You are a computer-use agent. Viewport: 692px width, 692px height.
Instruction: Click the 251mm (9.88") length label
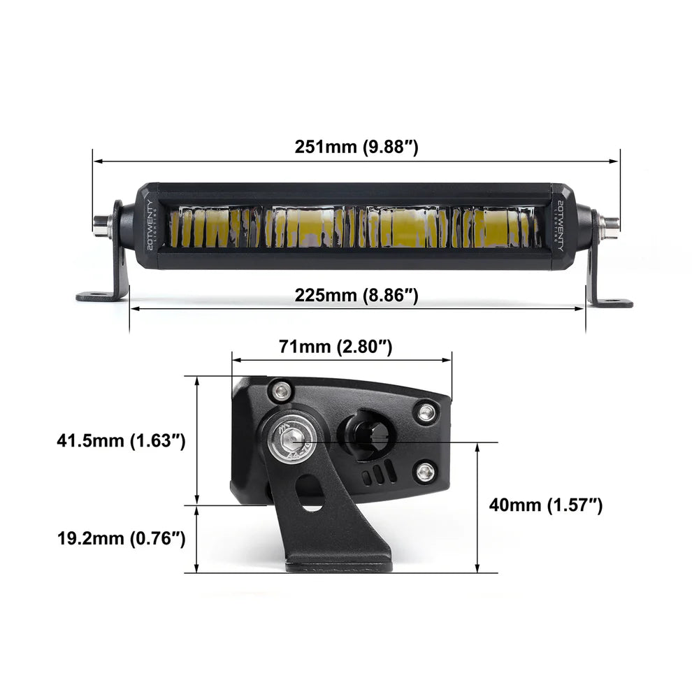pos(356,147)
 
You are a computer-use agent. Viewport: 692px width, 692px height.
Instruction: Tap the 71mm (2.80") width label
pos(335,345)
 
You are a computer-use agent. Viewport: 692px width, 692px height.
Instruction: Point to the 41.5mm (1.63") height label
pos(121,441)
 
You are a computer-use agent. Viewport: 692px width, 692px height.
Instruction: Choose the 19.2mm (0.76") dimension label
pos(121,538)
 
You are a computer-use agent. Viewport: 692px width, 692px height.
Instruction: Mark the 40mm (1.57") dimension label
pos(545,504)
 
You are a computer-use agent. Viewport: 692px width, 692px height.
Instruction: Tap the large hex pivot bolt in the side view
pos(294,441)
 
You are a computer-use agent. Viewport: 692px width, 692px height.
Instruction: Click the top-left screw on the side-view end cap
pos(282,389)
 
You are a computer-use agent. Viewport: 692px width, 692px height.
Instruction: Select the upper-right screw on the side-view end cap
pos(425,412)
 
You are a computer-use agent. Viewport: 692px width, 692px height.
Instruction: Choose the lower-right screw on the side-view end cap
pos(425,473)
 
